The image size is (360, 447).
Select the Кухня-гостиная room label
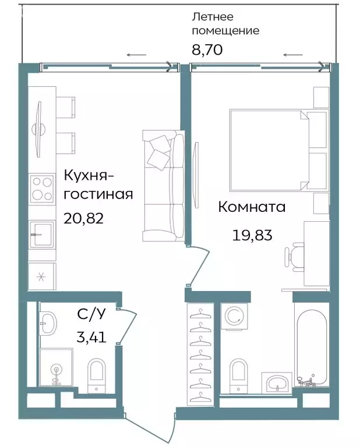(98, 185)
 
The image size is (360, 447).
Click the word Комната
(252, 207)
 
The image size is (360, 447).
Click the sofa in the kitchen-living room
(163, 186)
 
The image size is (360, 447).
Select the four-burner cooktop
(41, 188)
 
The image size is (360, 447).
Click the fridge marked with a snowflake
(41, 276)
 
